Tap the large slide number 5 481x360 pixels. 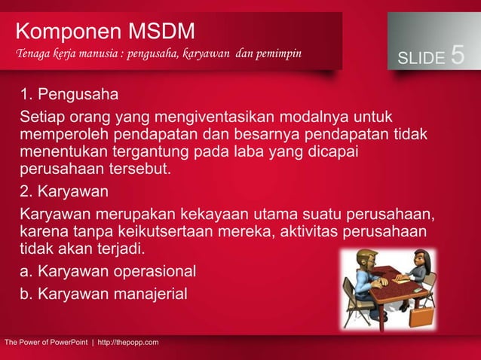457,56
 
